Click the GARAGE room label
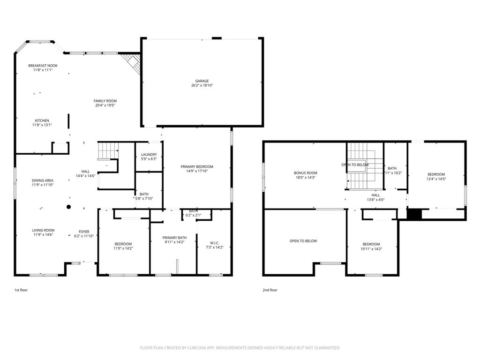[202, 81]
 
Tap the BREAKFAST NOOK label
[43, 66]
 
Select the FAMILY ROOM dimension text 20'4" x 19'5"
[105, 105]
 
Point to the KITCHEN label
[42, 120]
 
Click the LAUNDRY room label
[149, 154]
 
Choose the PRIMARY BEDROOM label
[197, 166]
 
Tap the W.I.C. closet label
[215, 242]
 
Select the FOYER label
[84, 232]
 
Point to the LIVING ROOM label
[43, 230]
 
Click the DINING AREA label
[43, 180]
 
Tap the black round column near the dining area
[68, 207]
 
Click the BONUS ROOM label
[305, 173]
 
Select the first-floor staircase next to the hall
[108, 151]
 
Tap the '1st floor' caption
[21, 290]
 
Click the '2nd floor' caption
[270, 290]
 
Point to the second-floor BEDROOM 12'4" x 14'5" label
[436, 174]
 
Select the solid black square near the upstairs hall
[414, 214]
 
